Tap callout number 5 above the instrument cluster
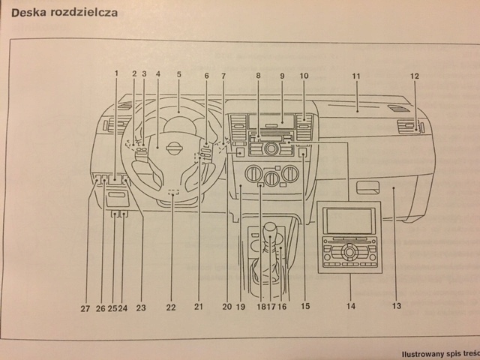179,74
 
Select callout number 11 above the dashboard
356,76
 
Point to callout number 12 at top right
415,76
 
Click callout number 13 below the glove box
396,305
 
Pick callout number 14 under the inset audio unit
349,306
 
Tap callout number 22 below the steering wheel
171,307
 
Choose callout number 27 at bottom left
85,307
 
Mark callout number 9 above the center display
283,76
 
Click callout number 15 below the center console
305,306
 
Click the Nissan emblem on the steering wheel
172,147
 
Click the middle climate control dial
271,178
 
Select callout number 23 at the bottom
140,307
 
